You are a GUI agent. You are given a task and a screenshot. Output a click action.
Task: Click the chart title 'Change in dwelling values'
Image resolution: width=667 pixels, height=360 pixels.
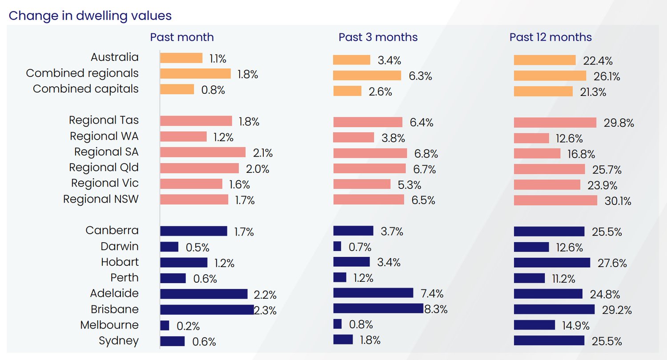coord(90,16)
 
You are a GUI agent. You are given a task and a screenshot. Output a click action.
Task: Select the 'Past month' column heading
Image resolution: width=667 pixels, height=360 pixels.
coord(182,37)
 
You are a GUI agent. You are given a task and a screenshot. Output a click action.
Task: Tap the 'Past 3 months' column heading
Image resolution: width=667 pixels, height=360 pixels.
coord(378,37)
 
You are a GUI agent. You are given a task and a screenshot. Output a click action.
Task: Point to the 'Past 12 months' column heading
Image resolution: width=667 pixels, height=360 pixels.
coord(550,37)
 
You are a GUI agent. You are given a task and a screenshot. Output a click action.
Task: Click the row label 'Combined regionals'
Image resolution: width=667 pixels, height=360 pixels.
coord(82,73)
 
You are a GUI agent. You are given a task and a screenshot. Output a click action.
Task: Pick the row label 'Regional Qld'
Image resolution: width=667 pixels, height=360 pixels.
coord(104,168)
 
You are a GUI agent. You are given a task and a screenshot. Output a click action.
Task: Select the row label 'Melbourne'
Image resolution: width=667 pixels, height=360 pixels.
coord(109,325)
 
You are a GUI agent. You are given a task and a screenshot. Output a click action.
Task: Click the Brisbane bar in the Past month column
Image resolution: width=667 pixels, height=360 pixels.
coord(207,309)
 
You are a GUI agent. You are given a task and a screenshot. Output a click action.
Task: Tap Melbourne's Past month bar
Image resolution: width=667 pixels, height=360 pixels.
coord(165,325)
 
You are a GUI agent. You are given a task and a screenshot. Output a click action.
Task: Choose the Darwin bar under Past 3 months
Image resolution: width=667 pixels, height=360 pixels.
coord(337,246)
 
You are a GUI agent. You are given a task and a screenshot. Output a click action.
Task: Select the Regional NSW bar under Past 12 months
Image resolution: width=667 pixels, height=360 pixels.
coord(555,200)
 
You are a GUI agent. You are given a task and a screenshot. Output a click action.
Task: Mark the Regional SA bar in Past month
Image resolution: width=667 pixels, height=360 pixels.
coord(203,152)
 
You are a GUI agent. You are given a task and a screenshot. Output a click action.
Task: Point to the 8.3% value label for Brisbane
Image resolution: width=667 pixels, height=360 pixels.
coord(436,309)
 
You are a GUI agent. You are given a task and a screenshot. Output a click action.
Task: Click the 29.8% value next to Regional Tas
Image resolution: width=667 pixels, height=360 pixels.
coord(619,123)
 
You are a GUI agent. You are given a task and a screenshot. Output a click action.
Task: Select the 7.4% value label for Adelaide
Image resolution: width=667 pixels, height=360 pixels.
coord(432,294)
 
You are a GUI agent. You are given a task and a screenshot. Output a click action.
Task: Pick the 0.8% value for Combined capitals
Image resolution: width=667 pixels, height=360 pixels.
coord(213,90)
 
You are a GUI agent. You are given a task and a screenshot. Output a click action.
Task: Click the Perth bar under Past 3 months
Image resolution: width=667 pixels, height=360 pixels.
coord(339,277)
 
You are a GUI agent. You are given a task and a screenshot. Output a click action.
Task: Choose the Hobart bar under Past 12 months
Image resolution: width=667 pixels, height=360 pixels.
coord(552,263)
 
